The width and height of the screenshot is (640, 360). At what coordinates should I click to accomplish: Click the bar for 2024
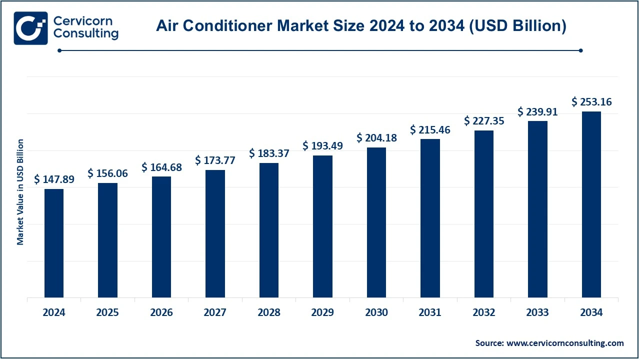(x=54, y=243)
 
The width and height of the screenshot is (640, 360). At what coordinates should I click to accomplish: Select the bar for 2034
(x=591, y=204)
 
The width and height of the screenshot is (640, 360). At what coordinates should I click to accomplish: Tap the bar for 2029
(x=322, y=226)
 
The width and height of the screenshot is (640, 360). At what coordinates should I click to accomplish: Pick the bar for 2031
(x=430, y=218)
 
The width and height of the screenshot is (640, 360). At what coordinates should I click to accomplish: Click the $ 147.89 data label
(x=54, y=179)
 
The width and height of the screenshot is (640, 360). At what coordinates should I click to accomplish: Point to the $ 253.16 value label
(x=591, y=102)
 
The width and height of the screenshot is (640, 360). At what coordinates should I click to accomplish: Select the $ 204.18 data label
(x=376, y=138)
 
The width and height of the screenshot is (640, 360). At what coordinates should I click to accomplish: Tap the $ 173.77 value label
(x=215, y=160)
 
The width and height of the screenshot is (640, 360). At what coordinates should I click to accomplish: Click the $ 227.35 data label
(x=484, y=121)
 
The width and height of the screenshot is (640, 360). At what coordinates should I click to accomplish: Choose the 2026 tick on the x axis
(x=161, y=313)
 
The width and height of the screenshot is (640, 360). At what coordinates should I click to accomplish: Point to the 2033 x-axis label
(x=537, y=313)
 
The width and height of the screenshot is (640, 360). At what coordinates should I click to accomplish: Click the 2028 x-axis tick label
(x=269, y=313)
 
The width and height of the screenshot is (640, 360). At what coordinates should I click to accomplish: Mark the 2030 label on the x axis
(x=376, y=313)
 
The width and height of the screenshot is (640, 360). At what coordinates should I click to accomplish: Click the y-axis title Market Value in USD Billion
(x=20, y=192)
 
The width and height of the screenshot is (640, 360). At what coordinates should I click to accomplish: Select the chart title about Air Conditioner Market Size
(x=361, y=26)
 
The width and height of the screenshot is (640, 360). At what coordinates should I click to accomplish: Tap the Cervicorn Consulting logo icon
(x=30, y=28)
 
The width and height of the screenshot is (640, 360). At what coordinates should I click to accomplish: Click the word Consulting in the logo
(x=85, y=34)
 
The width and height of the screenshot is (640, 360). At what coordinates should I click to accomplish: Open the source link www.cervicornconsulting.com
(x=565, y=343)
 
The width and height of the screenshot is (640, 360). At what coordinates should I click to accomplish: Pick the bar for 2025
(x=107, y=240)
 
